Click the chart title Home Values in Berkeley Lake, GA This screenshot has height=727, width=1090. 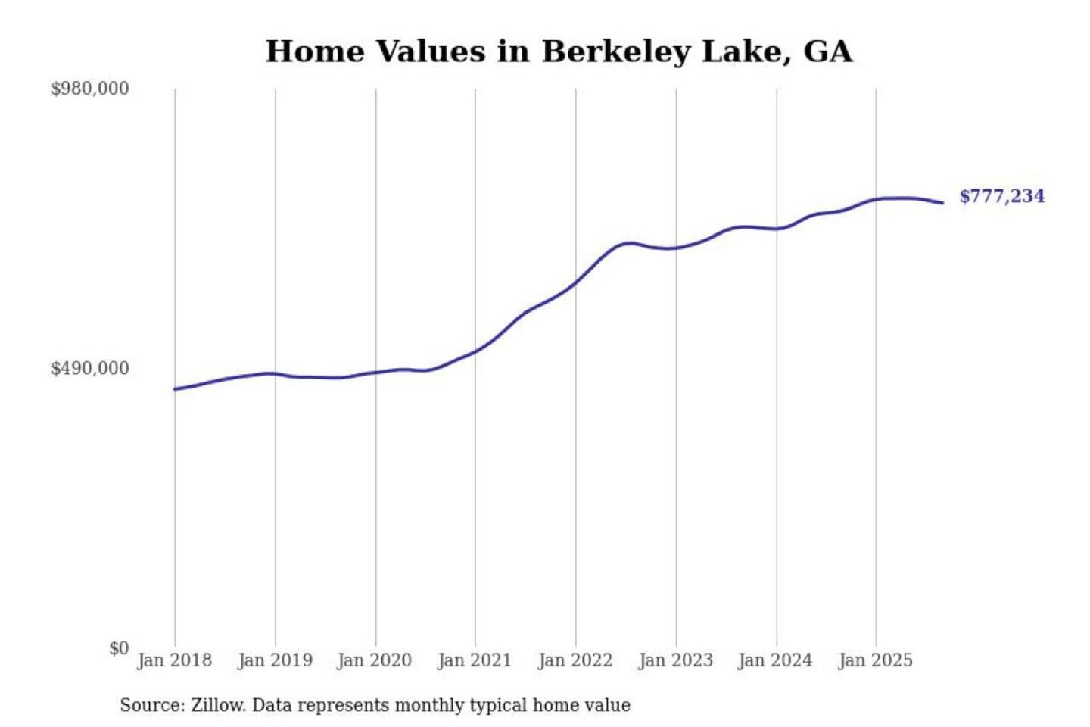pyautogui.click(x=559, y=51)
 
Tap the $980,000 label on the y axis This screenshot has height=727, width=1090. pyautogui.click(x=89, y=89)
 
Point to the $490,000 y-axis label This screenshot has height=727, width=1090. pyautogui.click(x=89, y=369)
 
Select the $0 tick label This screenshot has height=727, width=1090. pyautogui.click(x=119, y=648)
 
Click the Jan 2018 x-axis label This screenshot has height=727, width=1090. pyautogui.click(x=174, y=660)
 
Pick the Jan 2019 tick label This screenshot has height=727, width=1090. pyautogui.click(x=275, y=660)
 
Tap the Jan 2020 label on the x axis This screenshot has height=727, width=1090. pyautogui.click(x=375, y=660)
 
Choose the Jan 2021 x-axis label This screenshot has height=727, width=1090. pyautogui.click(x=475, y=660)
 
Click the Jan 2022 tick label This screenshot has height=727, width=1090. pyautogui.click(x=575, y=660)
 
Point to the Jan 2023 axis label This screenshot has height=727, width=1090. pyautogui.click(x=676, y=660)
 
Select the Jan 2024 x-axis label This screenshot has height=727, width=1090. pyautogui.click(x=775, y=660)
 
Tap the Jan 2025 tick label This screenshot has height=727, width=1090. pyautogui.click(x=876, y=660)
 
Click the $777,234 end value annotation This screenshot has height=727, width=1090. pyautogui.click(x=1001, y=196)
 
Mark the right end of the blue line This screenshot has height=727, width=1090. pyautogui.click(x=942, y=203)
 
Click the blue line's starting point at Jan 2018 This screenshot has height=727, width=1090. pyautogui.click(x=175, y=389)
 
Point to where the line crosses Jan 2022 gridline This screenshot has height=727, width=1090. pyautogui.click(x=576, y=282)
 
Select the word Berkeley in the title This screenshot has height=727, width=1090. pyautogui.click(x=616, y=51)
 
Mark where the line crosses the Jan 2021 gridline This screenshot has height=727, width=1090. pyautogui.click(x=475, y=351)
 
